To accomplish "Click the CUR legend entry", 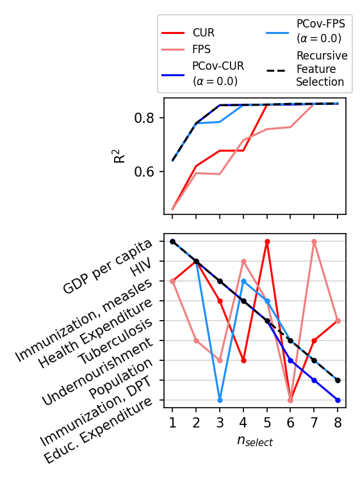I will (203, 32).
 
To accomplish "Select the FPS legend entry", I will (202, 48).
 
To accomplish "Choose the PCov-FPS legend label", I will (320, 30).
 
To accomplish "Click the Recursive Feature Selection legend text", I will (322, 69).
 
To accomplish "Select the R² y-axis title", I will (120, 154).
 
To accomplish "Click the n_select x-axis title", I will (255, 442).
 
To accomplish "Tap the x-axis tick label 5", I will (267, 422).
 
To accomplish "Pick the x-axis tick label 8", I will (338, 422).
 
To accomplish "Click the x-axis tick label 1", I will (172, 422).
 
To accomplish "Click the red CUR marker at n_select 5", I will (267, 241).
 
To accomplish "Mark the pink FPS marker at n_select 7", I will (315, 241).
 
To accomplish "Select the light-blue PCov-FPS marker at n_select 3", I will (220, 400).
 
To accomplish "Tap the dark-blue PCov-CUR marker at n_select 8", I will (338, 400).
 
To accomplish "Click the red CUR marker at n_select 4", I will (243, 360).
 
